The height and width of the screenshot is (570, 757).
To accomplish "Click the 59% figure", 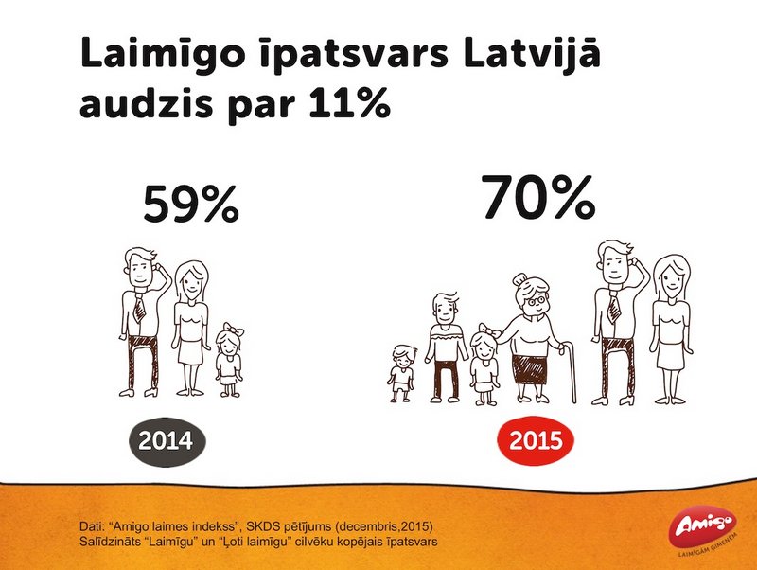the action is (x=191, y=204).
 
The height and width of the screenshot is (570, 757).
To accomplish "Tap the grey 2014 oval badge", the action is (x=167, y=441).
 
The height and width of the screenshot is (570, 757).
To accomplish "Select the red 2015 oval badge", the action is (x=536, y=440).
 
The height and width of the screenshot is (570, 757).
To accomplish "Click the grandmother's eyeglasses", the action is (x=537, y=301).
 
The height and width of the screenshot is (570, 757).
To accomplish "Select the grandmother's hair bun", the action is (x=519, y=279).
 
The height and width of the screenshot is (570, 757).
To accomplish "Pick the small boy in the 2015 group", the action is (x=401, y=373).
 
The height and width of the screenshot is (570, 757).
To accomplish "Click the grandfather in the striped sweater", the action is (x=445, y=347).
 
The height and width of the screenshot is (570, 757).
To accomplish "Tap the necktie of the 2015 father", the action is (x=613, y=310).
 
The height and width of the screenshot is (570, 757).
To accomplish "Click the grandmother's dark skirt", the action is (x=532, y=369).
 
